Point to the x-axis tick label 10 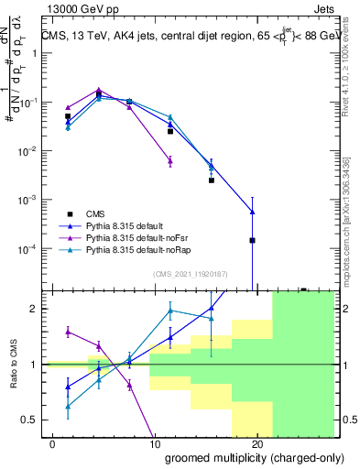click(x=153, y=444)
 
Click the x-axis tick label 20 click(x=256, y=444)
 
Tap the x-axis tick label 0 click(x=50, y=444)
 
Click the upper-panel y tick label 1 click(x=37, y=53)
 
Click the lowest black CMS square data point click(x=252, y=240)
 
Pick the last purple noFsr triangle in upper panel click(x=170, y=161)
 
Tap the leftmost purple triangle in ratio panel click(x=68, y=332)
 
